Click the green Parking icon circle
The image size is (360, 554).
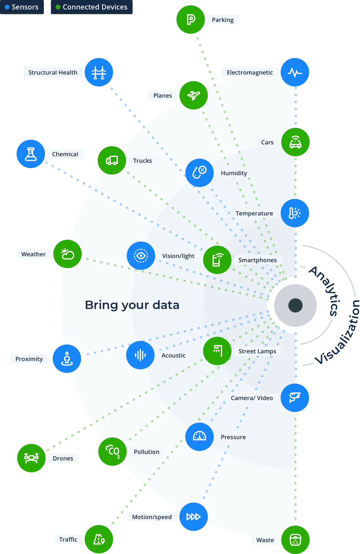191,20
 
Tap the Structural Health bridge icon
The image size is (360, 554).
99,72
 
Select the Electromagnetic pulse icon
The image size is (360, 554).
295,72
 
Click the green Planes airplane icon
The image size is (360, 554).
194,95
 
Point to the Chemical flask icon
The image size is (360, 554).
31,154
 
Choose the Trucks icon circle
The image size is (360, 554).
112,160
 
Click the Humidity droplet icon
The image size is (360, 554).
200,173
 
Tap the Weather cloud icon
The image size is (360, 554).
67,254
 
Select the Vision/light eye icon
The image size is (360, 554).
141,256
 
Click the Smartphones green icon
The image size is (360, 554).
217,260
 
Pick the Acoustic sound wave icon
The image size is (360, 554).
140,355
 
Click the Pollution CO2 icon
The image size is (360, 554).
112,452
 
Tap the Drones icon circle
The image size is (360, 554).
31,458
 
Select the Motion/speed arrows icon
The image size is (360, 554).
194,517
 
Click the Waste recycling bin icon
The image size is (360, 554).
295,540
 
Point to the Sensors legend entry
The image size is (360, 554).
22,7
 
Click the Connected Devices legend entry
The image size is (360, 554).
91,7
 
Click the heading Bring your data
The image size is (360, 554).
132,305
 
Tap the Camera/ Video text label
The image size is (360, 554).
252,398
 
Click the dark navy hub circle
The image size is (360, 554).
295,305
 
